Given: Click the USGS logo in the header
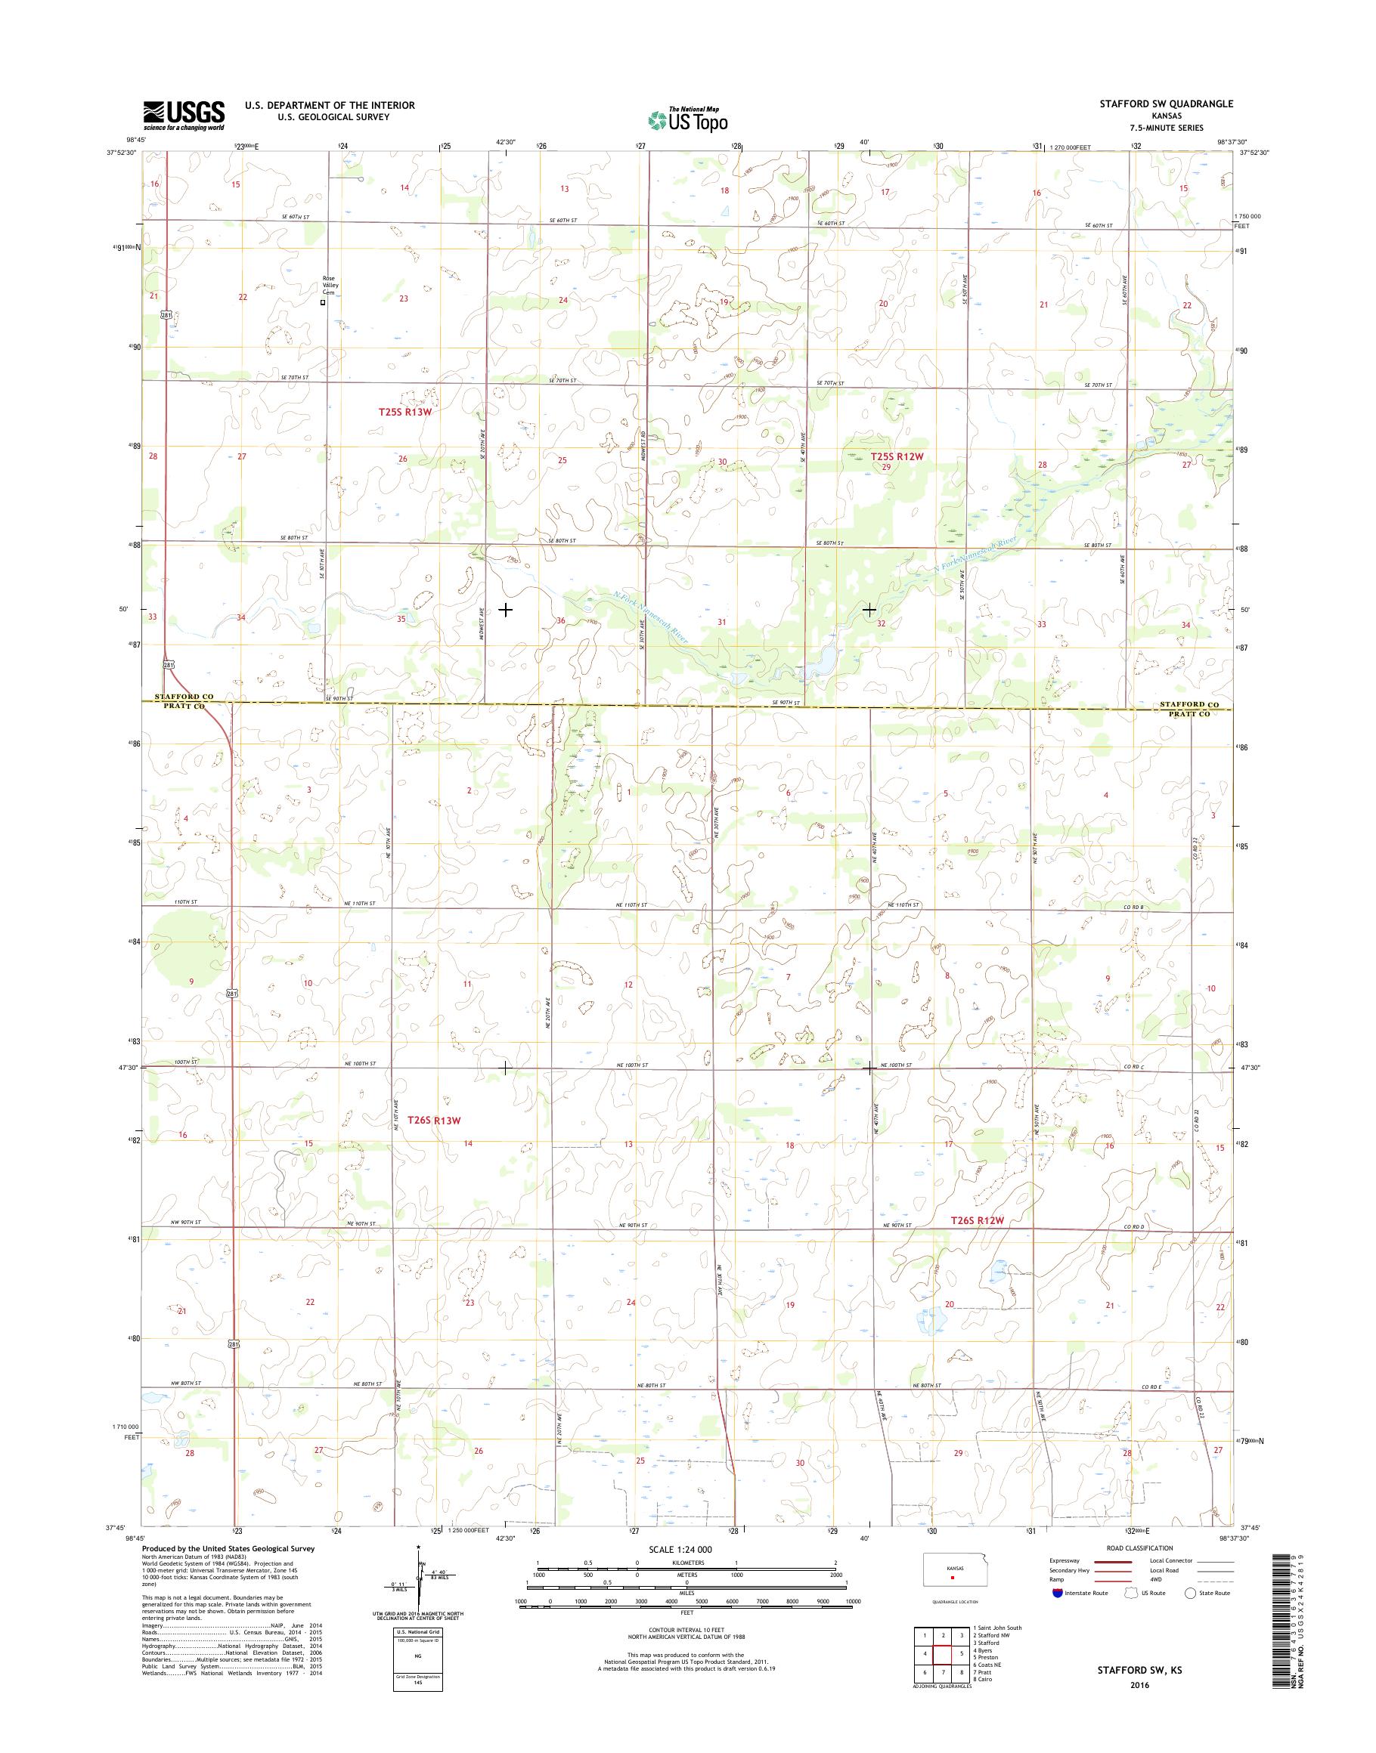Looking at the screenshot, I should pos(184,115).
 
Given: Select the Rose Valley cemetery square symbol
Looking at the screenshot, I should pos(324,304).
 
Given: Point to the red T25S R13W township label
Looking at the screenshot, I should pos(406,412).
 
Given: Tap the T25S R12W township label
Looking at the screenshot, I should pos(896,456).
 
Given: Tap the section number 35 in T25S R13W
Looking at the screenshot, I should pos(401,618).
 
